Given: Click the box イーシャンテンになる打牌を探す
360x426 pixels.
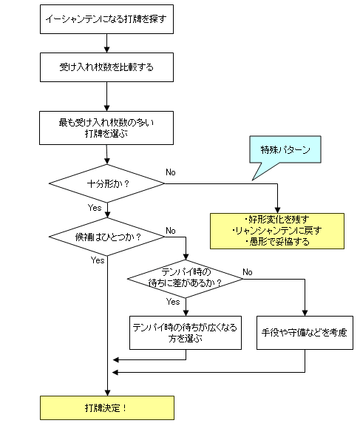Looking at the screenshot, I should (x=106, y=21).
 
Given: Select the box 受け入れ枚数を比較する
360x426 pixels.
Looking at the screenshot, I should (x=106, y=68).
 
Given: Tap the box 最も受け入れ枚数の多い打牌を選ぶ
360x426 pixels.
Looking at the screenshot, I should (x=106, y=128).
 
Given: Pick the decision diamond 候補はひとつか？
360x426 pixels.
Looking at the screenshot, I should (x=107, y=237).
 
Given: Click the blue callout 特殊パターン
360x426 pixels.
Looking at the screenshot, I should (x=285, y=150).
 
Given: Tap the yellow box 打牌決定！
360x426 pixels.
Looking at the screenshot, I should (x=106, y=407).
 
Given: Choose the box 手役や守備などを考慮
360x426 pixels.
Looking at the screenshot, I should (x=305, y=332).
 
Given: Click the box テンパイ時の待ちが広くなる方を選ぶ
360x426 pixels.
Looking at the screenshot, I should (x=185, y=332).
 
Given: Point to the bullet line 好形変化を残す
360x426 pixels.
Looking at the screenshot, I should (x=276, y=220).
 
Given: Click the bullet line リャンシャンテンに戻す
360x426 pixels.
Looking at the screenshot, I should (x=276, y=231).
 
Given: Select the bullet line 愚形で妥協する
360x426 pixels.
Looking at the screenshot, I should (x=276, y=242).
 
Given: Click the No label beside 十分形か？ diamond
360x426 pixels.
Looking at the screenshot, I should (x=170, y=172).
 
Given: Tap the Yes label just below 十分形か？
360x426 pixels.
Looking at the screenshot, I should (x=95, y=208).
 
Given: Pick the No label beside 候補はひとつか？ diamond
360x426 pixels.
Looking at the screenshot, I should (x=170, y=231).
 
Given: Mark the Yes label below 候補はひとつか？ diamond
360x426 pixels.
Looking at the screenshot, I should (x=98, y=260).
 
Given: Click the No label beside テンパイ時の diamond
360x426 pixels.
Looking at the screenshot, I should (x=248, y=271).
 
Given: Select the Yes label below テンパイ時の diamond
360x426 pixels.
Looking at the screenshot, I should (x=173, y=302).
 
